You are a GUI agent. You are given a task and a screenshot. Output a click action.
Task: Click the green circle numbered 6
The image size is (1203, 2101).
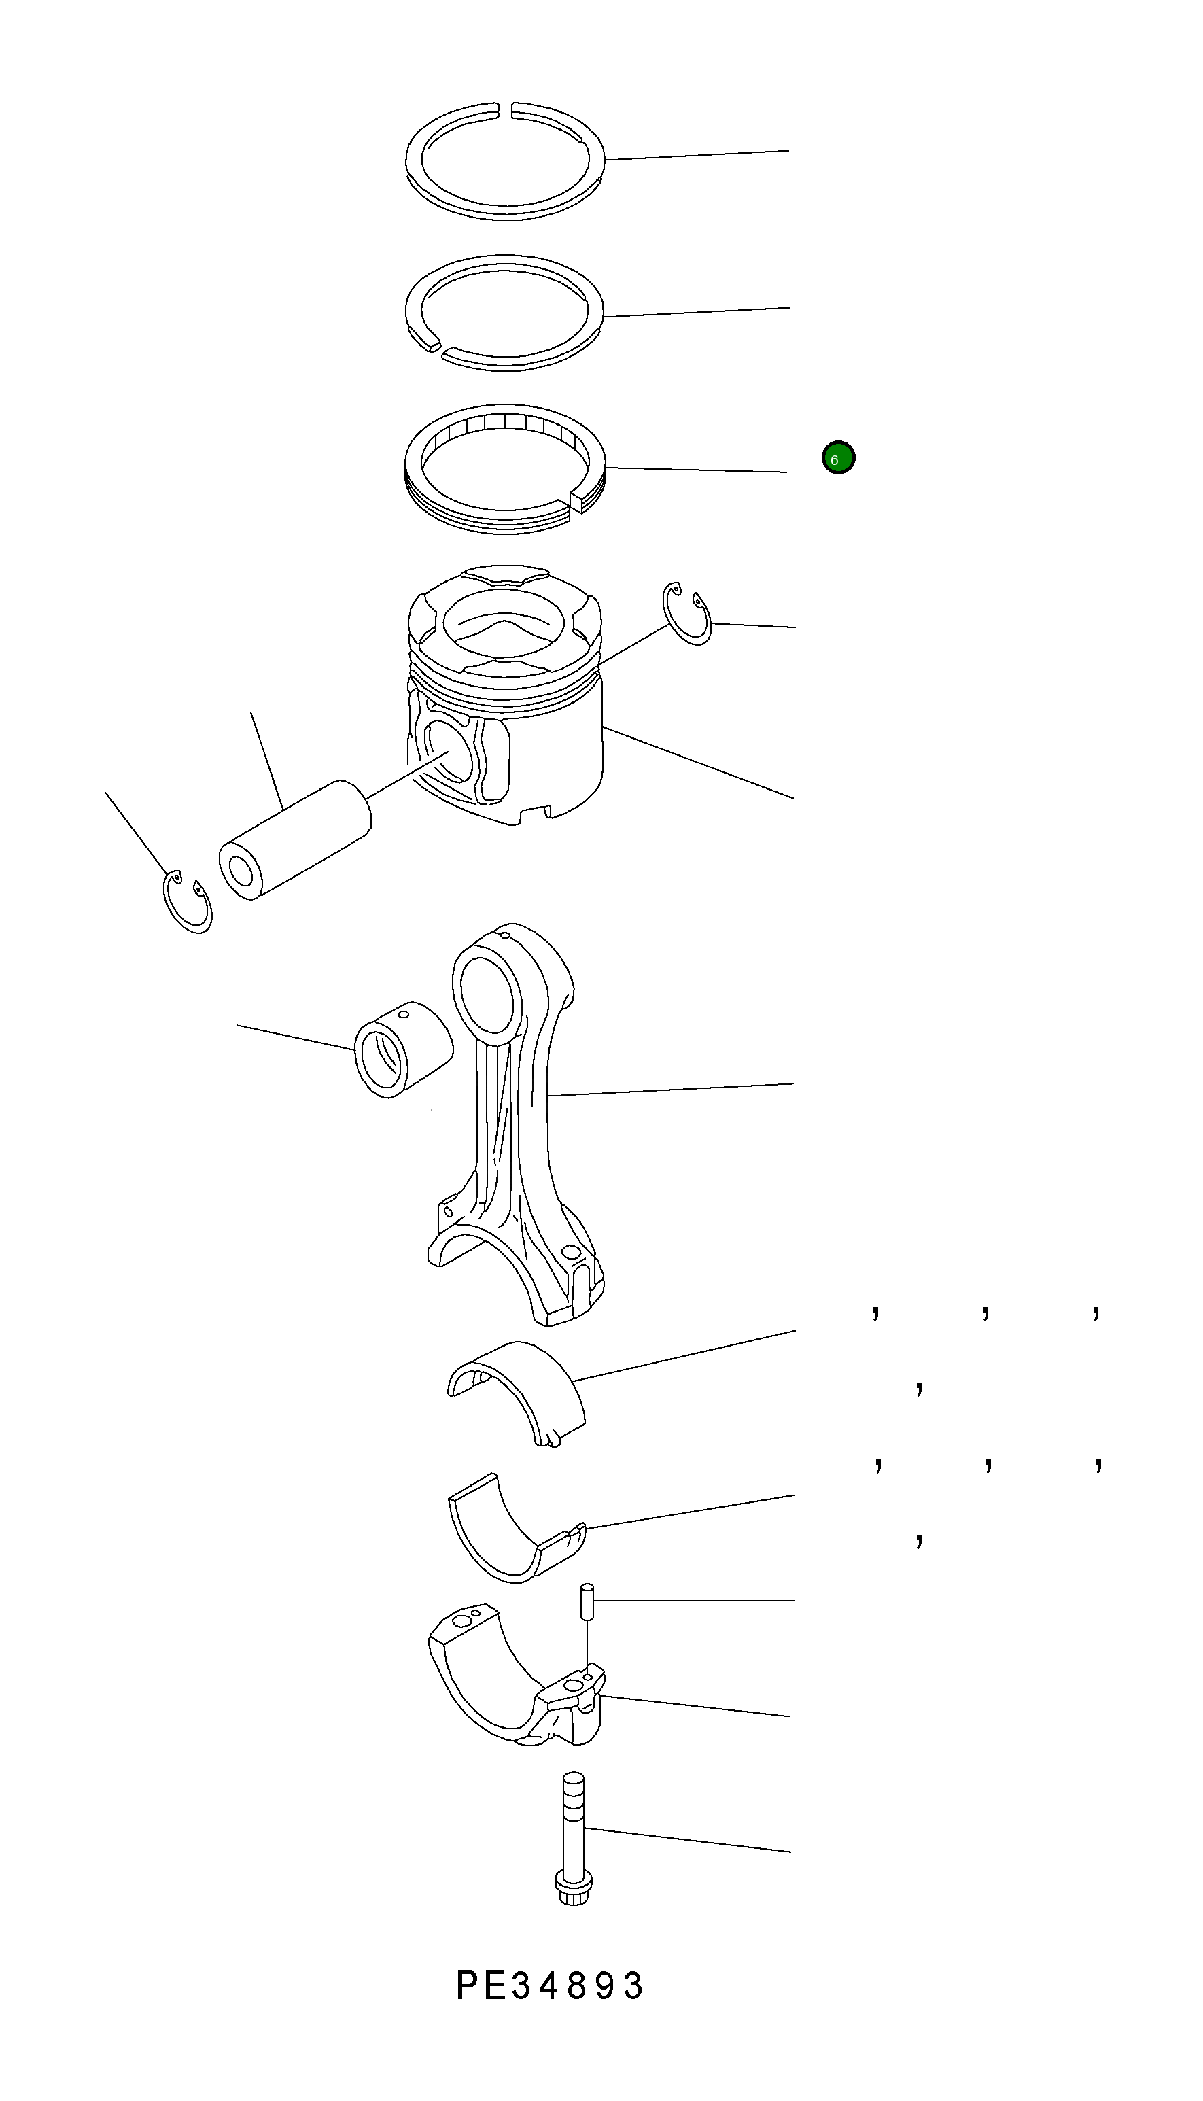[x=838, y=457]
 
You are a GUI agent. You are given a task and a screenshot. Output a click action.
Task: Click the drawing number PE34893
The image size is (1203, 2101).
[x=551, y=1985]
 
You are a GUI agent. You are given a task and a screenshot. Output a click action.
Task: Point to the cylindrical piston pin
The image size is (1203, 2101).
[x=295, y=839]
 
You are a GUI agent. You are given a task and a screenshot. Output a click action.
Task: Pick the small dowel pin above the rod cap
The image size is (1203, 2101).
[x=587, y=1603]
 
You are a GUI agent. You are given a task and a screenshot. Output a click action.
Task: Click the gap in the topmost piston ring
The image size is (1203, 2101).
[x=506, y=107]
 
